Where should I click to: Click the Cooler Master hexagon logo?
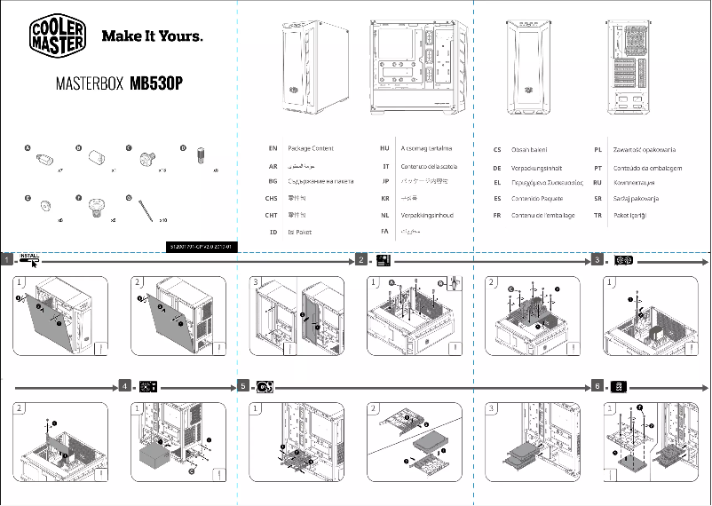(x=59, y=36)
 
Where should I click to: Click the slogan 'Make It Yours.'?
(x=153, y=37)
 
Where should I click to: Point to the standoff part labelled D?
(x=200, y=157)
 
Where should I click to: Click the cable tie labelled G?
(x=146, y=209)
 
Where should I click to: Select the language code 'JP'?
(x=385, y=181)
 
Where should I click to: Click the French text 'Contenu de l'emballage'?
(x=542, y=215)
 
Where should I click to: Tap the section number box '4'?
(x=125, y=386)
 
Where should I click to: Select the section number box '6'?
(x=597, y=386)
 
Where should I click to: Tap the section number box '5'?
(x=244, y=386)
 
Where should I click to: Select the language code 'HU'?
(x=384, y=148)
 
